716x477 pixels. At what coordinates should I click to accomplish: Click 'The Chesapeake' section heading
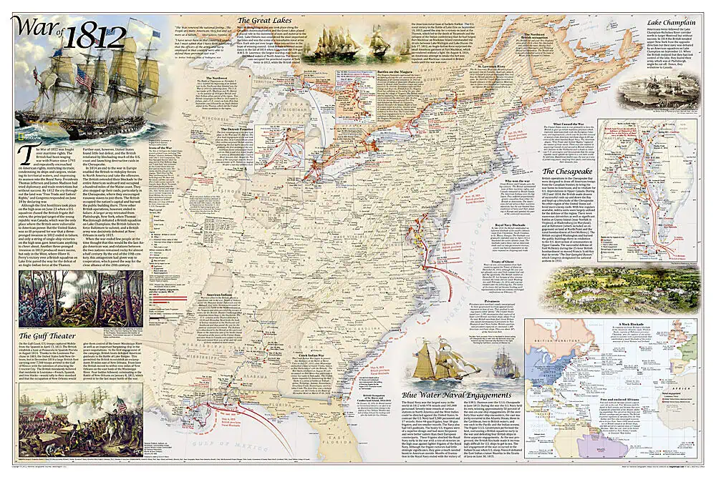(x=572, y=172)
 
